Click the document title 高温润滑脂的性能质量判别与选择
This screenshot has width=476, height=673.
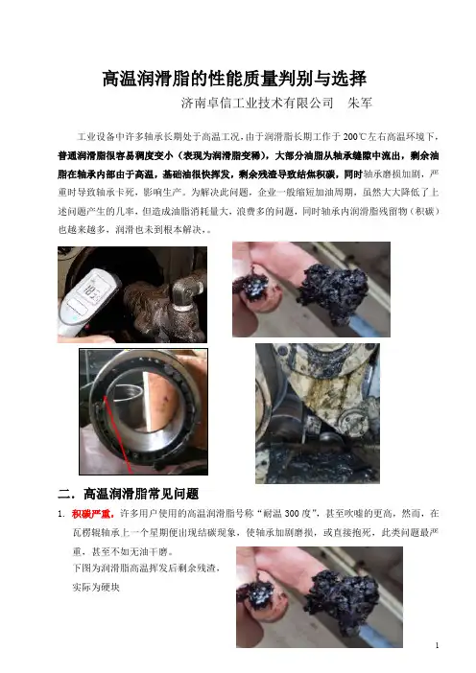pyautogui.click(x=234, y=79)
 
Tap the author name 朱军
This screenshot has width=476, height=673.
pyautogui.click(x=359, y=103)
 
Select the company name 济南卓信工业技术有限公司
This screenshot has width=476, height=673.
pyautogui.click(x=257, y=103)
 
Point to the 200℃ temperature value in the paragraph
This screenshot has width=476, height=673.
pyautogui.click(x=355, y=137)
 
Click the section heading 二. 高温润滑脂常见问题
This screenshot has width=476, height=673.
pyautogui.click(x=128, y=494)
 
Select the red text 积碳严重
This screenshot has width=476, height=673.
pyautogui.click(x=93, y=513)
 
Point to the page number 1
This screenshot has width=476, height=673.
pyautogui.click(x=437, y=645)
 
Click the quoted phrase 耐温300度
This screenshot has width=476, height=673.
pyautogui.click(x=287, y=513)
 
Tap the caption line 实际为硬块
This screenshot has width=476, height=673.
pyautogui.click(x=96, y=587)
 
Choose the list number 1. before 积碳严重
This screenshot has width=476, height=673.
pyautogui.click(x=61, y=514)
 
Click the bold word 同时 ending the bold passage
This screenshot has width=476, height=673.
pyautogui.click(x=353, y=174)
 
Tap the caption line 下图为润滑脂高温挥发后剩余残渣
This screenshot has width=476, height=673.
pyautogui.click(x=146, y=568)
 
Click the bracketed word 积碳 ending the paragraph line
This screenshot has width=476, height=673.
pyautogui.click(x=424, y=211)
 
